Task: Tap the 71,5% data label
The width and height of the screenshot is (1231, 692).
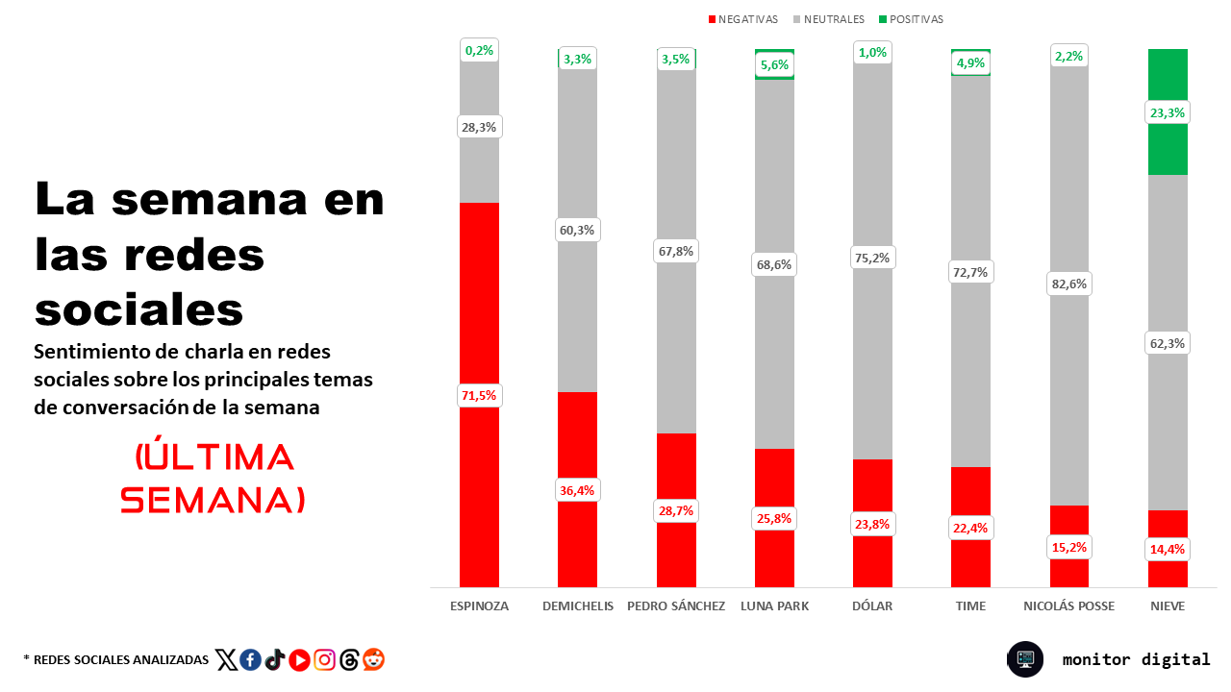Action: click(479, 395)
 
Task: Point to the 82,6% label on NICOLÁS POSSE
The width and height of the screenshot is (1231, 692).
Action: click(1068, 284)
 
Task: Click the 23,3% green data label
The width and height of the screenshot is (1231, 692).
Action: click(1168, 112)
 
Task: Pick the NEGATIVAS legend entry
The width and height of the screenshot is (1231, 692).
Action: click(743, 19)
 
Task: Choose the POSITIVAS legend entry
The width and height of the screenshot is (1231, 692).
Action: click(911, 19)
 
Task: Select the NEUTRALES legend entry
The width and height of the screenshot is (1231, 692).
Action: click(829, 19)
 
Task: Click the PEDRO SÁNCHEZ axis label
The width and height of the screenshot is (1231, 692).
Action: click(676, 606)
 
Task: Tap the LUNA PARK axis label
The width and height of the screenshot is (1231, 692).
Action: click(774, 606)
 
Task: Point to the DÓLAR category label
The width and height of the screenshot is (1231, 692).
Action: click(872, 606)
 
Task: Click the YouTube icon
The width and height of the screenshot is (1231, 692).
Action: click(299, 660)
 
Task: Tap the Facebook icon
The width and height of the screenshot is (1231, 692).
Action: click(251, 660)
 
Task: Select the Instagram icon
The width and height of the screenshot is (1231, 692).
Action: click(324, 660)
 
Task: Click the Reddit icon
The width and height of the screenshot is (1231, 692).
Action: click(374, 659)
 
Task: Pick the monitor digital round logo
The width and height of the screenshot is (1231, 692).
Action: click(1025, 659)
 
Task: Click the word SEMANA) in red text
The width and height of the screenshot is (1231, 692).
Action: click(213, 501)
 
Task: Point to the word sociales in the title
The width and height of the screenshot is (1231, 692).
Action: click(139, 309)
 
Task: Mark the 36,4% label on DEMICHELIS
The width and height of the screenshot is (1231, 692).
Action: click(577, 490)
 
